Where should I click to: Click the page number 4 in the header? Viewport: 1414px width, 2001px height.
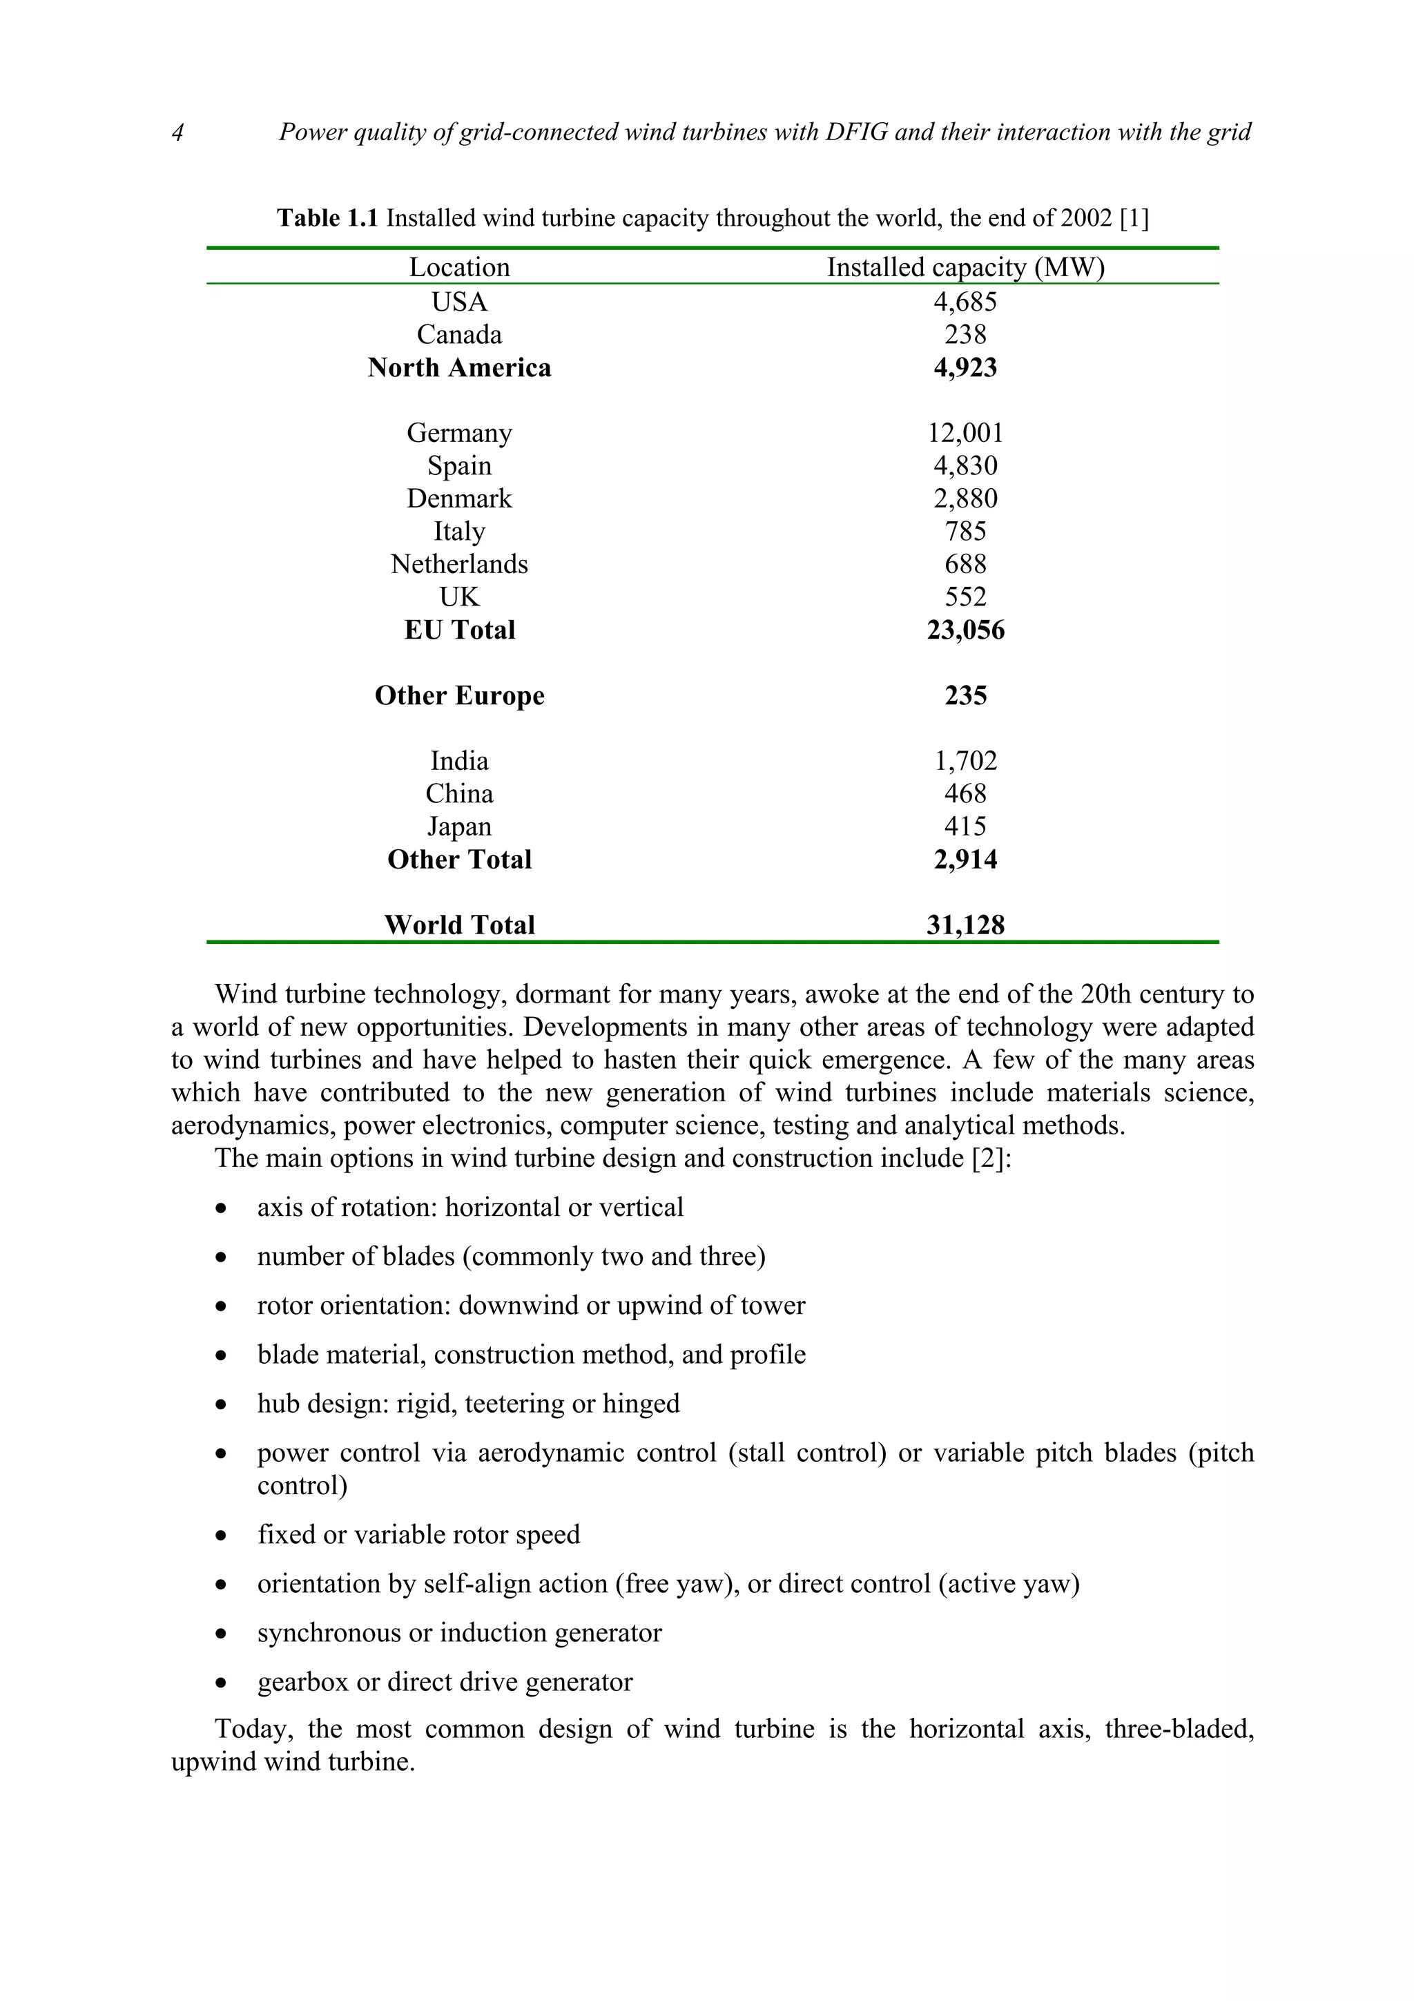[177, 133]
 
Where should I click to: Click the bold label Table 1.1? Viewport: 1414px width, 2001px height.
[327, 218]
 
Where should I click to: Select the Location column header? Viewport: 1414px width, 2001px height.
[459, 267]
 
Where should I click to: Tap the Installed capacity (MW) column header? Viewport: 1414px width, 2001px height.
[965, 267]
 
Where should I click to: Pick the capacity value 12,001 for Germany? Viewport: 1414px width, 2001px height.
[965, 433]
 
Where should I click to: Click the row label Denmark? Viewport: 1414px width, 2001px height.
[459, 499]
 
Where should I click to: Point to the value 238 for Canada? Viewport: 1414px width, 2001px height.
[965, 335]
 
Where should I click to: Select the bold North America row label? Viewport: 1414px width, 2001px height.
[459, 368]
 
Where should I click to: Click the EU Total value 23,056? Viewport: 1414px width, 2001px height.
[965, 630]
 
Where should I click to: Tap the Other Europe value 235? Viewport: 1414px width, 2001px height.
[965, 695]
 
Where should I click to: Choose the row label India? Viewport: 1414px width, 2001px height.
[459, 761]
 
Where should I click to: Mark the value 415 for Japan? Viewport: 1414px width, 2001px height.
[965, 826]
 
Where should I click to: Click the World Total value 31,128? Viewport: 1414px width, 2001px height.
[965, 925]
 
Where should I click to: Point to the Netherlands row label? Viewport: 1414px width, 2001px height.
[459, 564]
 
